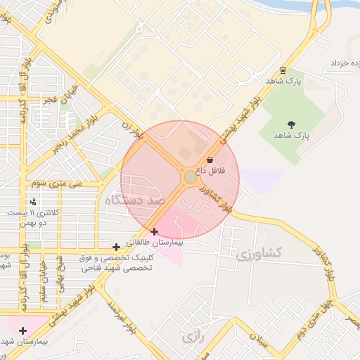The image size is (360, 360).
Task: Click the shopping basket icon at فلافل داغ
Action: point(210,160)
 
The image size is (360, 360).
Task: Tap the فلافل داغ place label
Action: point(210,171)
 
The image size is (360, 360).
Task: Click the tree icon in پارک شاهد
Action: point(292,124)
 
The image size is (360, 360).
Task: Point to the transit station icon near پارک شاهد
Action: point(283,70)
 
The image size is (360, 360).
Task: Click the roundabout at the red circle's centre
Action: point(190,177)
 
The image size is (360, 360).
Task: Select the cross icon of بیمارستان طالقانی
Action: point(155,231)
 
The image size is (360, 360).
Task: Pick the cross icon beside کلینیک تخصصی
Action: point(116,247)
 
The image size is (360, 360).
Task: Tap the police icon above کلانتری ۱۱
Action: point(33,202)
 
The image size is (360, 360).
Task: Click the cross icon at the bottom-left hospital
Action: point(23,330)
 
